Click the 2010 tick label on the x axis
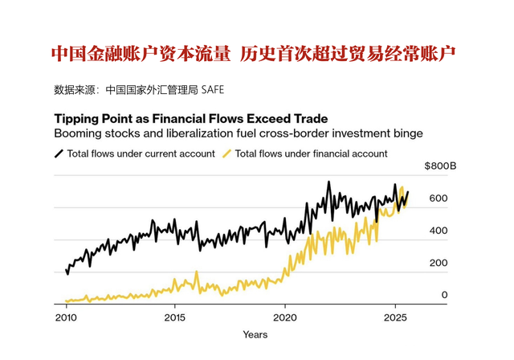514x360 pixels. tap(65, 317)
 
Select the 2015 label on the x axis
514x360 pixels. tap(174, 317)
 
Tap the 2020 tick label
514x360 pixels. tap(284, 317)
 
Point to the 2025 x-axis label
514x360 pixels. tap(394, 317)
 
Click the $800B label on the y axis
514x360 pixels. tap(440, 166)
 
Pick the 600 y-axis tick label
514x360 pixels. tap(438, 198)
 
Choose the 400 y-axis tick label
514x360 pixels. tap(438, 231)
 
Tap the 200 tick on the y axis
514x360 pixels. tap(438, 263)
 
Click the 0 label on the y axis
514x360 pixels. tap(444, 295)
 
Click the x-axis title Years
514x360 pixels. tap(255, 333)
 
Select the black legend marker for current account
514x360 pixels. tap(59, 153)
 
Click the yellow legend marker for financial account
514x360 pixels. tap(227, 153)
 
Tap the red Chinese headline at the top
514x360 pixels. tap(256, 54)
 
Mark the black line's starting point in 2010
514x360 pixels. tap(67, 272)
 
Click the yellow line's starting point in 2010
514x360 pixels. tap(66, 301)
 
